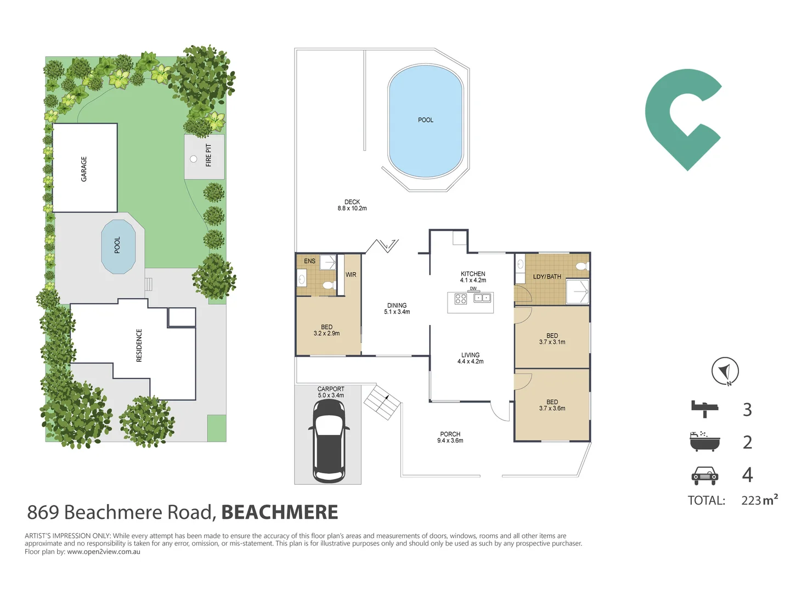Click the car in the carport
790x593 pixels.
[x=328, y=441]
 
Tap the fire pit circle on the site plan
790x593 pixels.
[x=193, y=159]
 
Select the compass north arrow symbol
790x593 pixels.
[x=725, y=371]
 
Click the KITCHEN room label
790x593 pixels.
[x=472, y=273]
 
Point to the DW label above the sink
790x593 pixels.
[x=473, y=289]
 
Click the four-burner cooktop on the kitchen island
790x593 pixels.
[x=461, y=299]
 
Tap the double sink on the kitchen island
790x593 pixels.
[x=482, y=298]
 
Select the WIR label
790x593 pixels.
[x=351, y=275]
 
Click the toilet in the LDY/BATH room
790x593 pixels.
[x=582, y=266]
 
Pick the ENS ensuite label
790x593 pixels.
[x=309, y=261]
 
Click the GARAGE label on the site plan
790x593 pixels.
[x=83, y=169]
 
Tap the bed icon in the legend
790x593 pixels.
[x=704, y=409]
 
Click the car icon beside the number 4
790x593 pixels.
[x=704, y=475]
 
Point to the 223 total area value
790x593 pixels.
[x=751, y=500]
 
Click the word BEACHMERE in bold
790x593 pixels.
[x=279, y=512]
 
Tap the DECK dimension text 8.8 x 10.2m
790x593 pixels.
[x=352, y=208]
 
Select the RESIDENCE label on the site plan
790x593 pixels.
[x=139, y=345]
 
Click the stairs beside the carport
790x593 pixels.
[x=382, y=402]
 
